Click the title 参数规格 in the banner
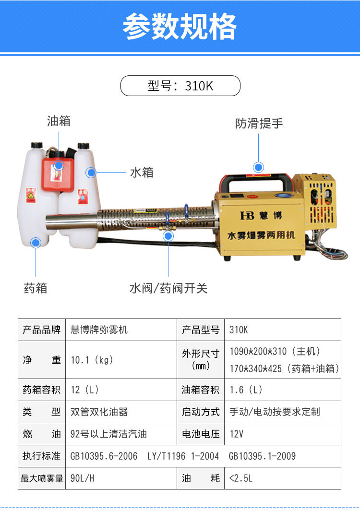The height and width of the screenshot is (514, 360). point(180,26)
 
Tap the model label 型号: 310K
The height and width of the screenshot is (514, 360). point(180,86)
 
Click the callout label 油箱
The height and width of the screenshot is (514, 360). point(59,121)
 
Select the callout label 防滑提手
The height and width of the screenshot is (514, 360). point(259,123)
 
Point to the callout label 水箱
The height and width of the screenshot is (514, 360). point(142,172)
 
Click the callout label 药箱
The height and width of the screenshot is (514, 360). point(36,288)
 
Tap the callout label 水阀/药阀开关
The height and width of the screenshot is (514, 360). point(168,288)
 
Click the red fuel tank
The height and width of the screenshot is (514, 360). point(59,175)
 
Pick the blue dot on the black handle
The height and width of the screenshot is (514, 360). point(259,167)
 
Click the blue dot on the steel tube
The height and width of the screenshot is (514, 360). point(168,235)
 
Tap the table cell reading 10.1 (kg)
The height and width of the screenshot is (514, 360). point(92,360)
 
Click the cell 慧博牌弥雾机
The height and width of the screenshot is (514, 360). point(99,330)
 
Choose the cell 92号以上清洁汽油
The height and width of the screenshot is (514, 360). point(108,434)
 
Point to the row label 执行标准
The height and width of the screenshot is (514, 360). point(42,456)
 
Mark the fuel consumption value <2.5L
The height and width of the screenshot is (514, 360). point(241,478)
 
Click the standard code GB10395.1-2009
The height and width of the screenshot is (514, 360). point(262,456)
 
